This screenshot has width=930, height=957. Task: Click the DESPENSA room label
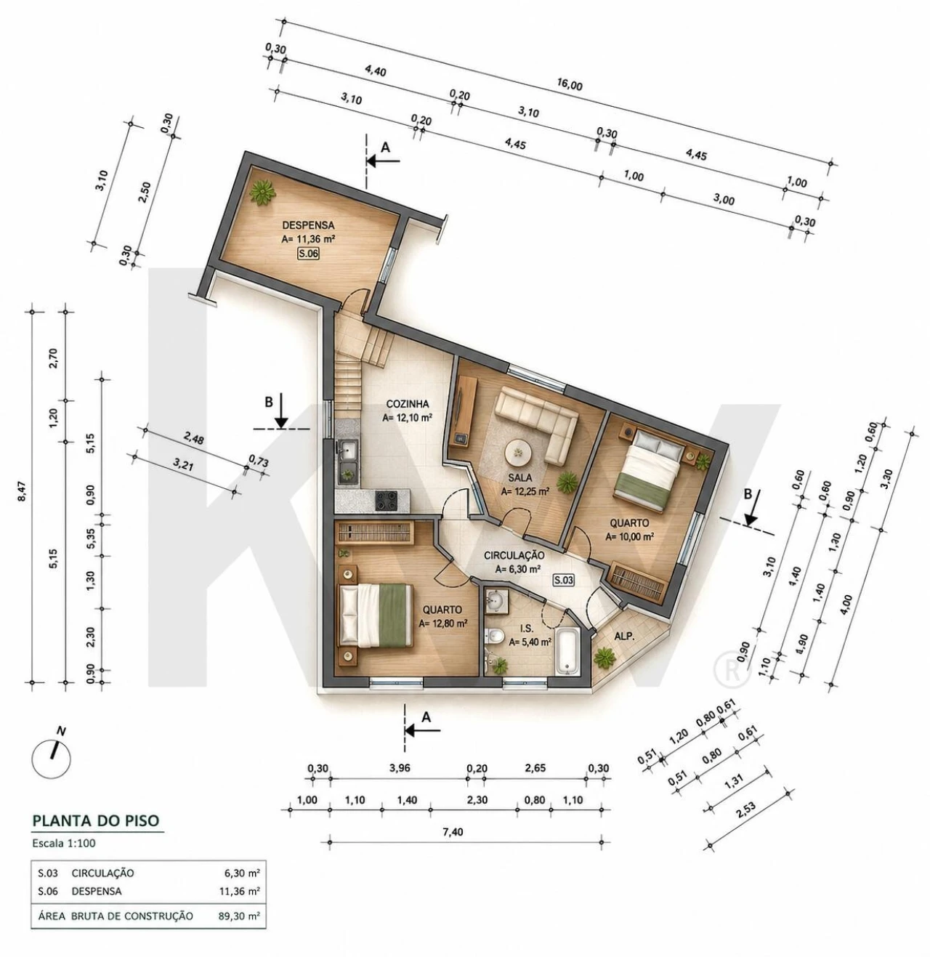(308, 226)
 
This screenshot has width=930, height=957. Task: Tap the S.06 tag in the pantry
(308, 254)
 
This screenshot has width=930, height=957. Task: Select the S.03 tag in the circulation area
(563, 581)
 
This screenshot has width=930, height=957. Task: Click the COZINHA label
(407, 404)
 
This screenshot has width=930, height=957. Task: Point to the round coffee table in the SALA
(518, 451)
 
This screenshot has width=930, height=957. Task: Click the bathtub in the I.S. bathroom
(567, 650)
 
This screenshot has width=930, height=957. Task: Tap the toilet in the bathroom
(493, 637)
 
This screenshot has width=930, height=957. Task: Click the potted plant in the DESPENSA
(262, 193)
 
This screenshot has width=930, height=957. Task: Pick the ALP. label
(625, 637)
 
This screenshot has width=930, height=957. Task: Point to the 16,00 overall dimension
(570, 85)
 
